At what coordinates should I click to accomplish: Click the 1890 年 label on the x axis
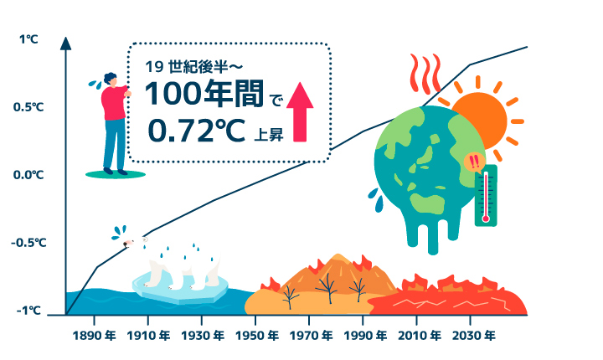coord(94,336)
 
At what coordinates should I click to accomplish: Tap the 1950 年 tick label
coord(257,336)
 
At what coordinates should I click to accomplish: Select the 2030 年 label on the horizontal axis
coord(474,336)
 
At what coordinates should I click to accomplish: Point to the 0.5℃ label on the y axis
coord(28,107)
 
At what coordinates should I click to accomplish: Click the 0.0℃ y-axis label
coord(28,175)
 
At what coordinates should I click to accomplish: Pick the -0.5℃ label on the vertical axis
coord(28,243)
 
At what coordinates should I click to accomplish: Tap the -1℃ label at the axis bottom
coord(28,311)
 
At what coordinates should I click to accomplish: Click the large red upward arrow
coord(300,112)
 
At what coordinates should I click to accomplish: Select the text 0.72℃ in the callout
coord(196,131)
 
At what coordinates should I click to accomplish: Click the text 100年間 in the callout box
coord(204,94)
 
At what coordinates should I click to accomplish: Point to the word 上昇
coord(269,135)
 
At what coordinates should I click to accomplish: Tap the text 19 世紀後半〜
coord(193,67)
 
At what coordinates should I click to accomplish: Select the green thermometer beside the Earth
coord(486,195)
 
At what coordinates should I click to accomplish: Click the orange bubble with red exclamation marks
coord(475,162)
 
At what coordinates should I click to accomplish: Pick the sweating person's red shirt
coord(114,103)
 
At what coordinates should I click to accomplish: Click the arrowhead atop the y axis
coord(66,44)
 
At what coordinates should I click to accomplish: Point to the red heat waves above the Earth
coord(425,74)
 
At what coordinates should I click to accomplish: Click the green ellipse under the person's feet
coord(116,175)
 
